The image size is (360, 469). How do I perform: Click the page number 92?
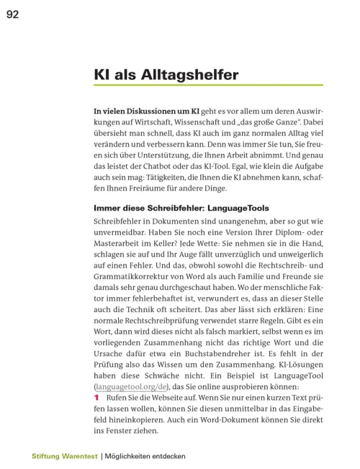pyautogui.click(x=13, y=13)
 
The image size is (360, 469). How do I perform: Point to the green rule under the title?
pyautogui.click(x=208, y=86)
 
